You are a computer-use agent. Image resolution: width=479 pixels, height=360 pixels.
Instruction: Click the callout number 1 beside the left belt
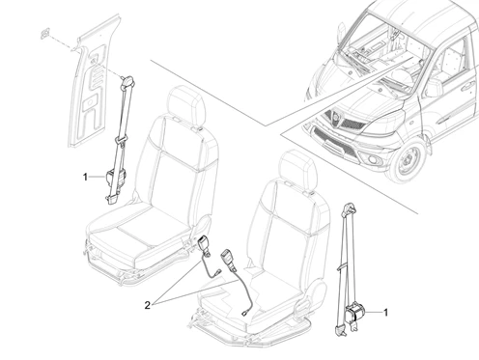click(85, 177)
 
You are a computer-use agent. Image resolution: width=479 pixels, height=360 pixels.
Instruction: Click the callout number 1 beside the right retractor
click(385, 312)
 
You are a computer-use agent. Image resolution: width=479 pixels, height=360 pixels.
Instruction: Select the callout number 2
click(147, 305)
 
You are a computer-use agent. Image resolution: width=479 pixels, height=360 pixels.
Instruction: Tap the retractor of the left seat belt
click(115, 178)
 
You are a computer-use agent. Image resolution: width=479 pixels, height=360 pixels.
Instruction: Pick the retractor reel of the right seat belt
click(355, 312)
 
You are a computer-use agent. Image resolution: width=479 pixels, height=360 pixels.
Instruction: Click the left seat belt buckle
click(204, 243)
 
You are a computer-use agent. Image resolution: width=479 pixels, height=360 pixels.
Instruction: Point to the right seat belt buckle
click(228, 259)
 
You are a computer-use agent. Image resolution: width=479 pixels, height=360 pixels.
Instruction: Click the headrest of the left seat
click(186, 102)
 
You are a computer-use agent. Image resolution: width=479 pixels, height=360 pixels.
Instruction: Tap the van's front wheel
click(408, 161)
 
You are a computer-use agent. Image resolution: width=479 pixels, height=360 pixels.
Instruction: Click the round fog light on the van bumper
click(373, 160)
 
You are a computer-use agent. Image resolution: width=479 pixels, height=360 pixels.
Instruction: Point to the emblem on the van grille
click(337, 118)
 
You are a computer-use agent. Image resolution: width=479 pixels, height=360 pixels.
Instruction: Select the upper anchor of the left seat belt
click(127, 82)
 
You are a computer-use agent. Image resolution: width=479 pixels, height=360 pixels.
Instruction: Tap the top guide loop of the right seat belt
click(349, 208)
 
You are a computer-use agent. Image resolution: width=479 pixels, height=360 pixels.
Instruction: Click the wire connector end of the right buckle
click(244, 313)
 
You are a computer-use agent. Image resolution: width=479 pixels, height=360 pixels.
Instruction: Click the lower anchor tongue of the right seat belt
click(339, 330)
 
